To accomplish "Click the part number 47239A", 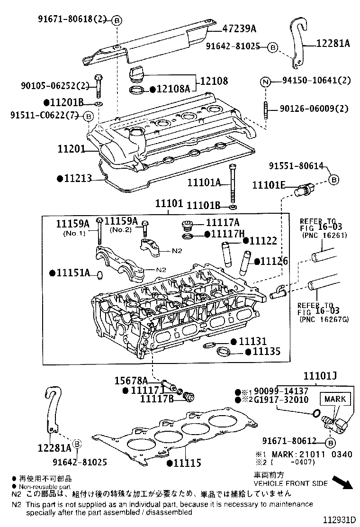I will [x=239, y=29].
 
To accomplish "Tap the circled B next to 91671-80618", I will [x=117, y=20].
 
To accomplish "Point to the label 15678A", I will [x=131, y=381].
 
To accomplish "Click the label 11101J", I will [x=320, y=377].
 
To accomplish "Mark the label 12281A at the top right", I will [x=333, y=44].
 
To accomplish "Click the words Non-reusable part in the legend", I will [x=45, y=486].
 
